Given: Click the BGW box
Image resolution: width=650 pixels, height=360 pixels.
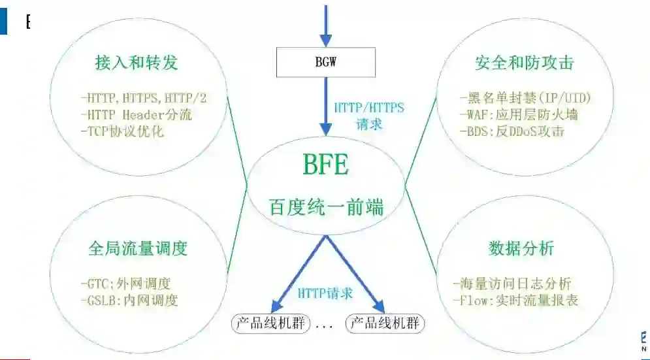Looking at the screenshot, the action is (326, 63).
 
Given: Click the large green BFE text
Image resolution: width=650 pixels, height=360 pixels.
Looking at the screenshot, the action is (326, 165).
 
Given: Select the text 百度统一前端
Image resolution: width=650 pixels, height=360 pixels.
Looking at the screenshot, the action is (326, 208).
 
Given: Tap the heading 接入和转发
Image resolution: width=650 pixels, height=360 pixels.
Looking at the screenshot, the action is (136, 63).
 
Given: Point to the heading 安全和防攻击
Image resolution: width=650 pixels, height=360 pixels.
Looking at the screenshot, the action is (524, 63).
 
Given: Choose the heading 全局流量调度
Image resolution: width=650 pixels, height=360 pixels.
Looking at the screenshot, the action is (138, 249).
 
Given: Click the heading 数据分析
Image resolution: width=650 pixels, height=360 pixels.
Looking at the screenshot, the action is (521, 249).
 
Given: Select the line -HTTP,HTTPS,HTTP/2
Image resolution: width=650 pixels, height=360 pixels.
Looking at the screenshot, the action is (144, 99).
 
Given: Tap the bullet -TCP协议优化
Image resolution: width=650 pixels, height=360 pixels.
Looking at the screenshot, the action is (122, 131).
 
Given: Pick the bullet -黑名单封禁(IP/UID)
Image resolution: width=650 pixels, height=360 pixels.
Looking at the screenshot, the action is (525, 99).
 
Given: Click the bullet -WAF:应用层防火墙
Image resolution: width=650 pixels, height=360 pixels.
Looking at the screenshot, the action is (519, 114).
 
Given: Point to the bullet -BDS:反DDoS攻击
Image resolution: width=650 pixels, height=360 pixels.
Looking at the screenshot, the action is (512, 131).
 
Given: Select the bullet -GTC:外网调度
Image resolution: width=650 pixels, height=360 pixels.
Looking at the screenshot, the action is (125, 284).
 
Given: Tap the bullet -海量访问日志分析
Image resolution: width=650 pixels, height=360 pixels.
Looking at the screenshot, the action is (512, 284).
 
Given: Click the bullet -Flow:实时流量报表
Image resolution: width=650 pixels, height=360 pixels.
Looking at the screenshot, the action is (515, 301).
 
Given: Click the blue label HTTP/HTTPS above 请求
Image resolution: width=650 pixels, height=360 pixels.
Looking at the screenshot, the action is (369, 107).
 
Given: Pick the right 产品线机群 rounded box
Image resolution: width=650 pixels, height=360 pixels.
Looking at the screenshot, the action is (385, 323).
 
